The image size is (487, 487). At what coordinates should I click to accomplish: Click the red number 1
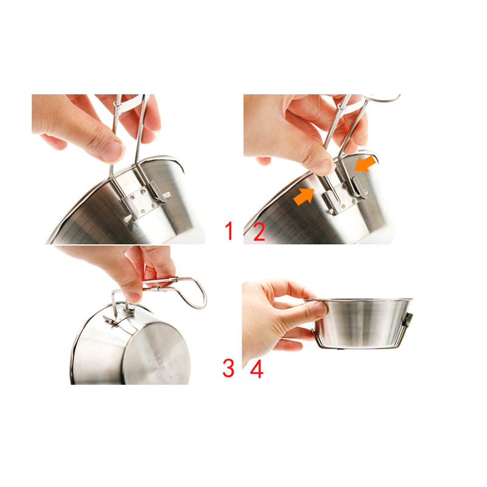[229, 231]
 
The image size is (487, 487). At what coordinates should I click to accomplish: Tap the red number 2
[259, 232]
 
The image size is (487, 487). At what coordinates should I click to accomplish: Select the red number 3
[228, 368]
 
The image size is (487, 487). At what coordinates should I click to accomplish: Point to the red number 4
[257, 369]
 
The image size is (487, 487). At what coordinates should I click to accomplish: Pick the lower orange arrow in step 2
[304, 197]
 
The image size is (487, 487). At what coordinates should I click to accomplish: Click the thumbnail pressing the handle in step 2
[323, 165]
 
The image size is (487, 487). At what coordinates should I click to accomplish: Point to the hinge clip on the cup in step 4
[408, 320]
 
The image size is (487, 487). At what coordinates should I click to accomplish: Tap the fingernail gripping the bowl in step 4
[321, 309]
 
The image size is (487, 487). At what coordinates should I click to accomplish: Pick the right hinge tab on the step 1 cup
[158, 192]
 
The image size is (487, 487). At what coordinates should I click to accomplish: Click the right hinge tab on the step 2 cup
[359, 187]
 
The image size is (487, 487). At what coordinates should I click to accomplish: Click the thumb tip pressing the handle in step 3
[133, 297]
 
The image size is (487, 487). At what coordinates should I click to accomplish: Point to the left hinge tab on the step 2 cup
[331, 203]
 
